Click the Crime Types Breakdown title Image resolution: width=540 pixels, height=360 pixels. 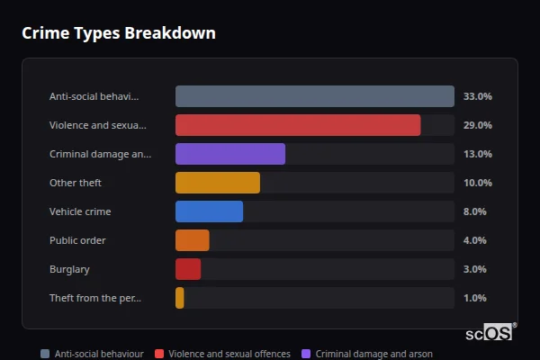[x=118, y=33]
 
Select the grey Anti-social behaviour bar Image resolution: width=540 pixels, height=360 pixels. [x=314, y=96]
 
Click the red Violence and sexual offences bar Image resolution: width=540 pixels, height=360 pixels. [x=298, y=125]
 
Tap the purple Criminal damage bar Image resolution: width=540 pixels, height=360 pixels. [x=230, y=154]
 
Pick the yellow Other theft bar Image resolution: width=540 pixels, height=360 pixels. [x=218, y=183]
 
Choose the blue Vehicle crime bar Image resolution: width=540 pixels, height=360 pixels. [x=209, y=211]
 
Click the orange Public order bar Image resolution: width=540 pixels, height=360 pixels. [x=193, y=240]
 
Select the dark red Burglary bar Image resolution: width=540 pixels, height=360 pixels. [x=188, y=269]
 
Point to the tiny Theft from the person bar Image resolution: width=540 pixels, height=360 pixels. [x=180, y=298]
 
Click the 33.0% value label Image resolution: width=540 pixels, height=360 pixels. [x=477, y=96]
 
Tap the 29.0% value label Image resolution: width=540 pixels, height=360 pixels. [x=477, y=125]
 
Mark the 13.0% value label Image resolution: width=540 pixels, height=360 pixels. [x=477, y=154]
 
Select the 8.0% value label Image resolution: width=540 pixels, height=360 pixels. [x=474, y=211]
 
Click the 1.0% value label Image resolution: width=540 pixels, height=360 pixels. [x=474, y=298]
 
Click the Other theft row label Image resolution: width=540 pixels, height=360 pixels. [x=76, y=183]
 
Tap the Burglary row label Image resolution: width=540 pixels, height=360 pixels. [x=69, y=269]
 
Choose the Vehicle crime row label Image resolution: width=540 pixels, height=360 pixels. [x=79, y=211]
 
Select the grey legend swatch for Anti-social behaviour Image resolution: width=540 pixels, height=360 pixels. [x=45, y=354]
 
